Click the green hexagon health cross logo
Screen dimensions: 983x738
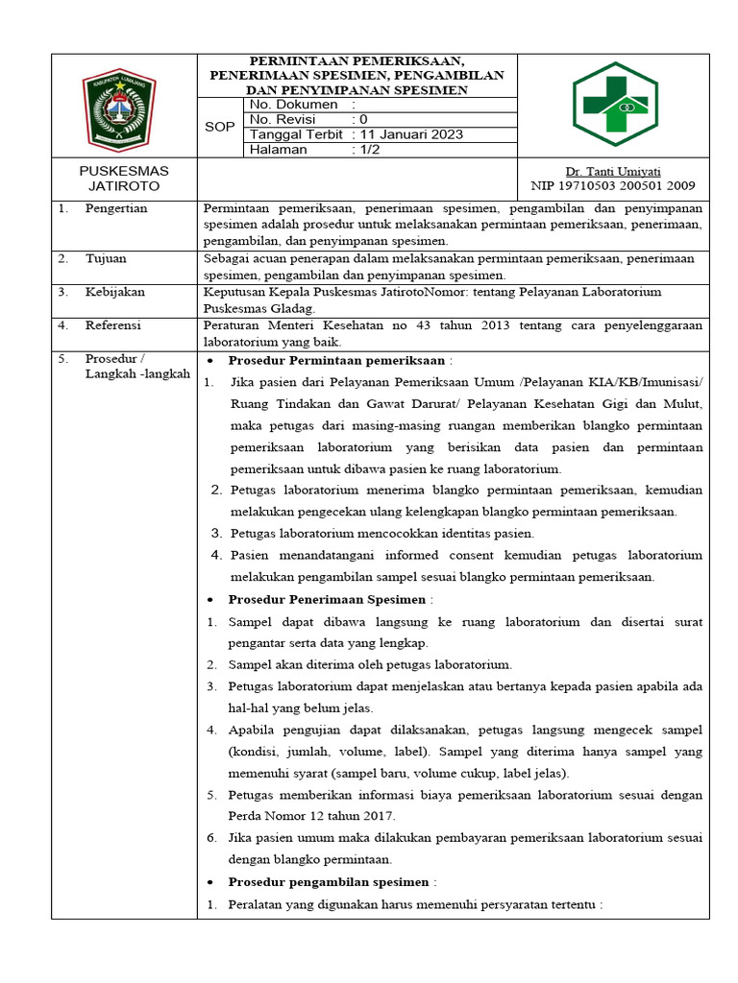click(616, 104)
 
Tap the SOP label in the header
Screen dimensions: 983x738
click(220, 126)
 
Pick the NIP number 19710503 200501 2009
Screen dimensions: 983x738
click(612, 185)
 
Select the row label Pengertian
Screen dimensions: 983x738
click(116, 208)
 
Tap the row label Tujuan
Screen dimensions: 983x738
click(106, 259)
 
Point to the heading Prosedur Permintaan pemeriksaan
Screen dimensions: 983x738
click(336, 360)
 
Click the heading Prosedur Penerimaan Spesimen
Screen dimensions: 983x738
click(327, 599)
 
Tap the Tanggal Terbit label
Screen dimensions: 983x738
click(296, 134)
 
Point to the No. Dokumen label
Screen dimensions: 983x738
click(293, 104)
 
